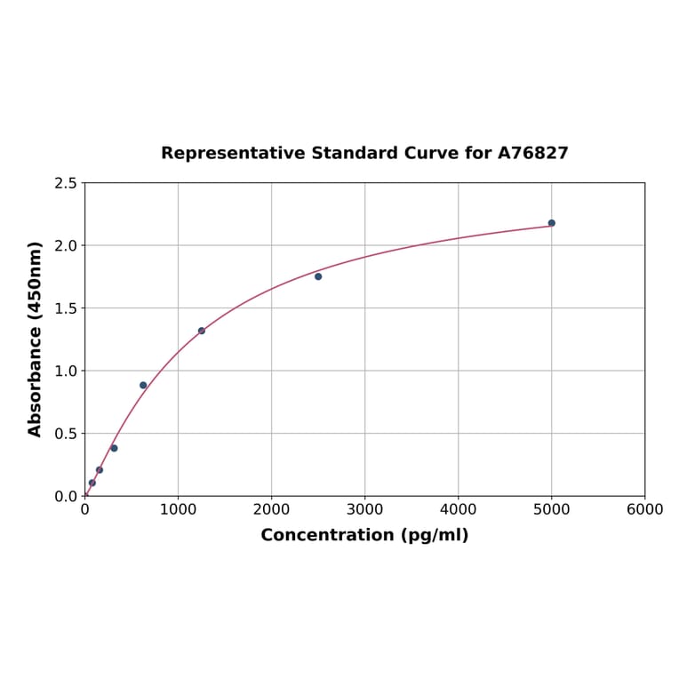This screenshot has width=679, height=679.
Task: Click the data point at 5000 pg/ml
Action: click(552, 223)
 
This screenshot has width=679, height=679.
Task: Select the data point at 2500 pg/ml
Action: click(318, 276)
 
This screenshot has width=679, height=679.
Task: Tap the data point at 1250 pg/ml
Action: click(202, 331)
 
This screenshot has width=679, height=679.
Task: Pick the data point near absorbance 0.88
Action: click(143, 386)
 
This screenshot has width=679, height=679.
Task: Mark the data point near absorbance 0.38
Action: click(114, 448)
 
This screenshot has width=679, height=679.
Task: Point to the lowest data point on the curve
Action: click(92, 483)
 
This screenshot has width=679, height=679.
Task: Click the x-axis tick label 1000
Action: click(178, 509)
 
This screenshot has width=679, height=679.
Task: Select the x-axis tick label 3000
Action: click(364, 509)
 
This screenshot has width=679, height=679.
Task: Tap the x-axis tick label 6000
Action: click(644, 509)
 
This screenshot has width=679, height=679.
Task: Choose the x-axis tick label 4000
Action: click(458, 509)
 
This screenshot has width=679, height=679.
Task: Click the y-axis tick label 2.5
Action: click(66, 183)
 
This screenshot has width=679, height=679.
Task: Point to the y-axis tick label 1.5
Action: click(66, 308)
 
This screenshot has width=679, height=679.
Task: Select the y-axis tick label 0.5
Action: click(66, 434)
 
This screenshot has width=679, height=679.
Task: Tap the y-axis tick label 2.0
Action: click(66, 245)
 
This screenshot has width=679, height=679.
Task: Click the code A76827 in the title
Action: click(532, 153)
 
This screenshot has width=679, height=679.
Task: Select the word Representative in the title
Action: click(233, 153)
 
